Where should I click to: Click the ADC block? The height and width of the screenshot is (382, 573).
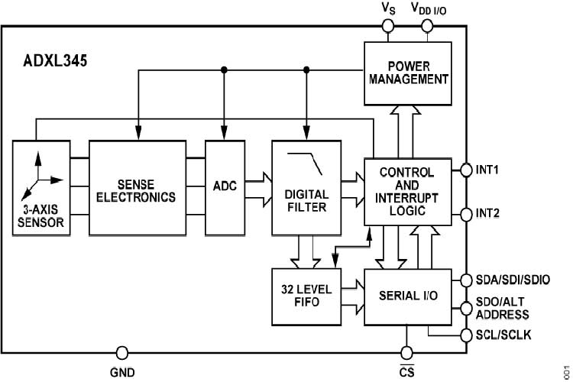[225, 187]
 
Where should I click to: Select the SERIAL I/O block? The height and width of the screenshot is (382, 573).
[409, 295]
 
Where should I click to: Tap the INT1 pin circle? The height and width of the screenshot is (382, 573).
[466, 170]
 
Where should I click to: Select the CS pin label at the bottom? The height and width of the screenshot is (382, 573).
[406, 372]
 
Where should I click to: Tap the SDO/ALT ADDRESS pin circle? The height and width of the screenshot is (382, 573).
[466, 308]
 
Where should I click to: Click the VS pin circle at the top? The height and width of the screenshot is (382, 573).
[389, 27]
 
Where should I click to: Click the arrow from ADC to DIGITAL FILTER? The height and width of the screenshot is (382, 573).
[256, 187]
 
